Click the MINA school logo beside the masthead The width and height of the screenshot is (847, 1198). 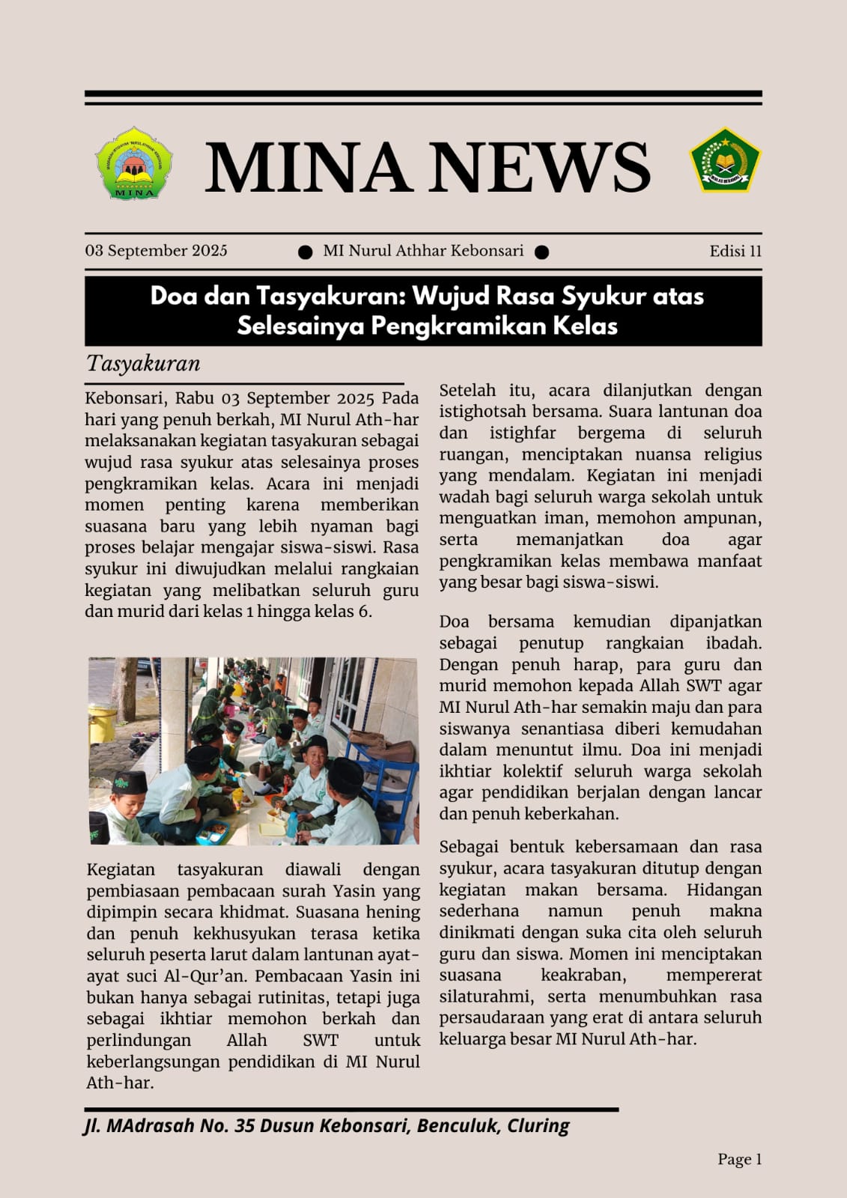pos(134,162)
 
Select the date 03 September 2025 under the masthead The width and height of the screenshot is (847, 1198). pos(156,251)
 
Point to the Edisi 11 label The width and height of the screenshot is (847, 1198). pos(735,251)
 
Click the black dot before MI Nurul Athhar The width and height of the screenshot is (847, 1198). pos(305,252)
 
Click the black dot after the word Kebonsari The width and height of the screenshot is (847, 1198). pos(541,252)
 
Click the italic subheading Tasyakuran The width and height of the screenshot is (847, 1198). pos(143,364)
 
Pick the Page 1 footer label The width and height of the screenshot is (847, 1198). pos(739,1160)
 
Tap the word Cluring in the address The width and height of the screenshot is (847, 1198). pos(538,1126)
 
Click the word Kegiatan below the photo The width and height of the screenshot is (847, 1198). pos(121,869)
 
